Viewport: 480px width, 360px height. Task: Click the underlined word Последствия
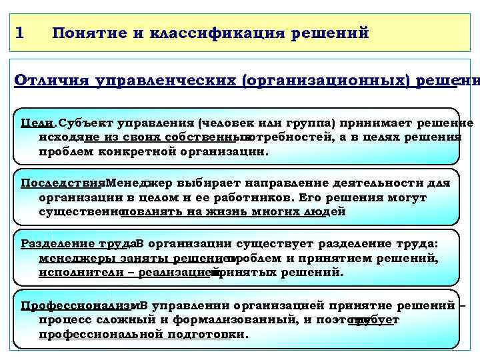63,183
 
